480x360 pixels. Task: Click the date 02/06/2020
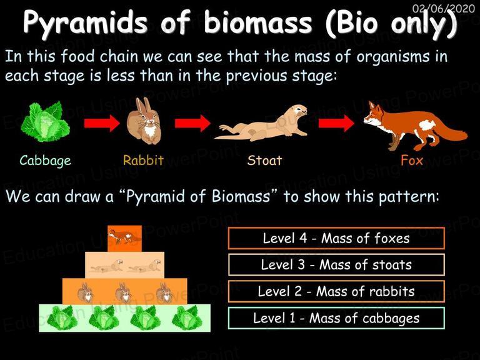pyautogui.click(x=444, y=8)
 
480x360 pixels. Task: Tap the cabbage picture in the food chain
pyautogui.click(x=45, y=121)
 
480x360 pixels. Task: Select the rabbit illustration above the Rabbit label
pyautogui.click(x=144, y=121)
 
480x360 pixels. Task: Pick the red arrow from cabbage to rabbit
pyautogui.click(x=102, y=123)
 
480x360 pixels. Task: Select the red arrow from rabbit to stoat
pyautogui.click(x=192, y=123)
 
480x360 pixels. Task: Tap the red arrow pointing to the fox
pyautogui.click(x=336, y=123)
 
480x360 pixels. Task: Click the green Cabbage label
pyautogui.click(x=45, y=161)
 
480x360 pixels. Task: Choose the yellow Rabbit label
pyautogui.click(x=143, y=160)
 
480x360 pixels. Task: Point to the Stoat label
pyautogui.click(x=265, y=160)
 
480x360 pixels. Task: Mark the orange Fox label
pyautogui.click(x=412, y=160)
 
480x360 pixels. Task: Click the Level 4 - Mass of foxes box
pyautogui.click(x=336, y=238)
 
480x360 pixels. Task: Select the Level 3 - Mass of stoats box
pyautogui.click(x=336, y=265)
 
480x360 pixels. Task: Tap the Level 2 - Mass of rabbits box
pyautogui.click(x=336, y=291)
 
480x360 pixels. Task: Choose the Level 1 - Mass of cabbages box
pyautogui.click(x=336, y=318)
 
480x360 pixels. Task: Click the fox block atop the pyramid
pyautogui.click(x=124, y=239)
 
